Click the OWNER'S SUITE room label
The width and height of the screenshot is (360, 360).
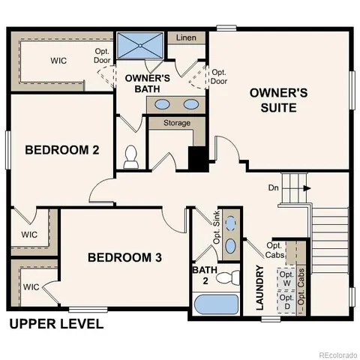pyautogui.click(x=279, y=100)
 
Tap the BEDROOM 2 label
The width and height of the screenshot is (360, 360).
pyautogui.click(x=62, y=149)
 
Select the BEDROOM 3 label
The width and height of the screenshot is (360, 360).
pyautogui.click(x=124, y=258)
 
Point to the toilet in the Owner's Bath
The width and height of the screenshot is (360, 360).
pyautogui.click(x=132, y=157)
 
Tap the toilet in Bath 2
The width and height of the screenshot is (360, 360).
pyautogui.click(x=225, y=278)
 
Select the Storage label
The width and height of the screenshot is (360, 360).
pyautogui.click(x=176, y=123)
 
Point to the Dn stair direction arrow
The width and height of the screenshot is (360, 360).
pyautogui.click(x=307, y=189)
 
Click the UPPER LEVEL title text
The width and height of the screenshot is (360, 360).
pyautogui.click(x=55, y=325)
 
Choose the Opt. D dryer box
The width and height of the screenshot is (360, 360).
pyautogui.click(x=287, y=301)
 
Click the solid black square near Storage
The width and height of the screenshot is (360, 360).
pyautogui.click(x=196, y=158)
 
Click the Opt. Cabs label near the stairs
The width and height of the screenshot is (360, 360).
pyautogui.click(x=274, y=250)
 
